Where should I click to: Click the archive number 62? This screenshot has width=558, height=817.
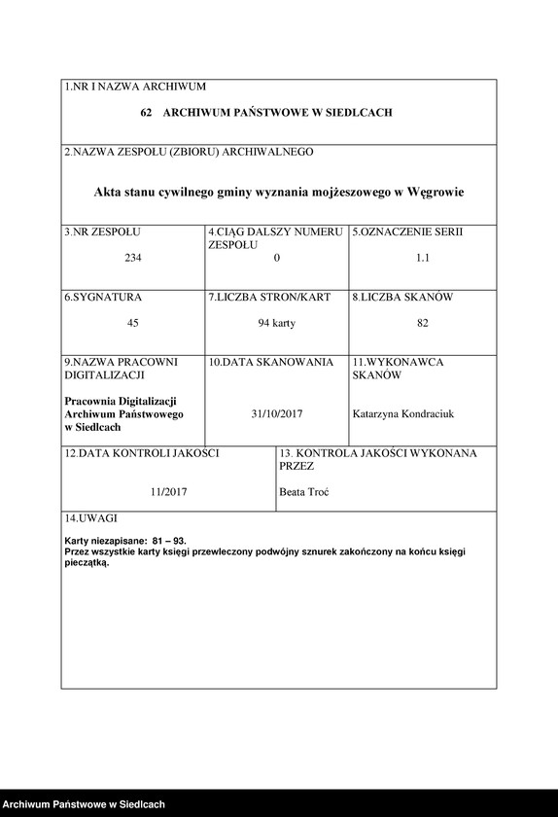[x=146, y=114]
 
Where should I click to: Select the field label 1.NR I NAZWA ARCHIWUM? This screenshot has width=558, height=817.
[x=135, y=88]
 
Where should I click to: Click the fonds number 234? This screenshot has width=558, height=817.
[x=133, y=258]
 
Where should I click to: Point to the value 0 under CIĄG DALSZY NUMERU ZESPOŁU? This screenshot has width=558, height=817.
[x=277, y=258]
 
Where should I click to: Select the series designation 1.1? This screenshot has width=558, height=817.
[x=423, y=258]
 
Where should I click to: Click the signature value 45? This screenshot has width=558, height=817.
[x=133, y=323]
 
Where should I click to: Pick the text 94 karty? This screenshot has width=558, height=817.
[x=277, y=323]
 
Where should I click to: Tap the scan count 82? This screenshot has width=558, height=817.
[x=423, y=323]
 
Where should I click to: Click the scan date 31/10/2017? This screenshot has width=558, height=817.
[x=277, y=413]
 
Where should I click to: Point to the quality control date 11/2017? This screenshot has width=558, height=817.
[x=168, y=491]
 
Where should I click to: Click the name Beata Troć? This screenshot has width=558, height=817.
[x=304, y=491]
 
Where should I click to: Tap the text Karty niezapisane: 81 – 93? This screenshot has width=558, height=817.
[x=125, y=540]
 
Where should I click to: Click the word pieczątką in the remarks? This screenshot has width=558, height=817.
[x=87, y=563]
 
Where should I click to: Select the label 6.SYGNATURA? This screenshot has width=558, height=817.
[x=104, y=297]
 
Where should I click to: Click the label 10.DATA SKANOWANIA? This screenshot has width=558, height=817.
[x=271, y=362]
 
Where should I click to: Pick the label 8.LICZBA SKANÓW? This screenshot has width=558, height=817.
[x=403, y=297]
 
